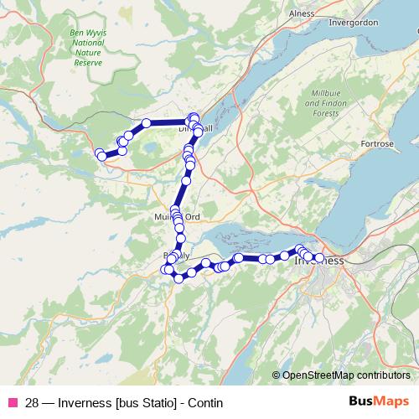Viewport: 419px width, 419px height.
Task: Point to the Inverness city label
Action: click(320, 261)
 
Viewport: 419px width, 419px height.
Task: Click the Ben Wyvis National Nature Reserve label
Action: click(88, 49)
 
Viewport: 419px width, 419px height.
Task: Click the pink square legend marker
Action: click(13, 403)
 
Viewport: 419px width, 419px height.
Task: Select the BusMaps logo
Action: click(380, 402)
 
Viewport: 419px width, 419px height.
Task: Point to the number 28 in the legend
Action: click(32, 403)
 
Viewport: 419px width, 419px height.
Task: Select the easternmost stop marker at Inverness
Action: click(319, 257)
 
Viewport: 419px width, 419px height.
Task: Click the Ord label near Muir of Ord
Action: click(193, 217)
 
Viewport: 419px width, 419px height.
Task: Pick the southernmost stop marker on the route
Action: click(178, 278)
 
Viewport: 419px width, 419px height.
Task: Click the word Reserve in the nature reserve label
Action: click(88, 63)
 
